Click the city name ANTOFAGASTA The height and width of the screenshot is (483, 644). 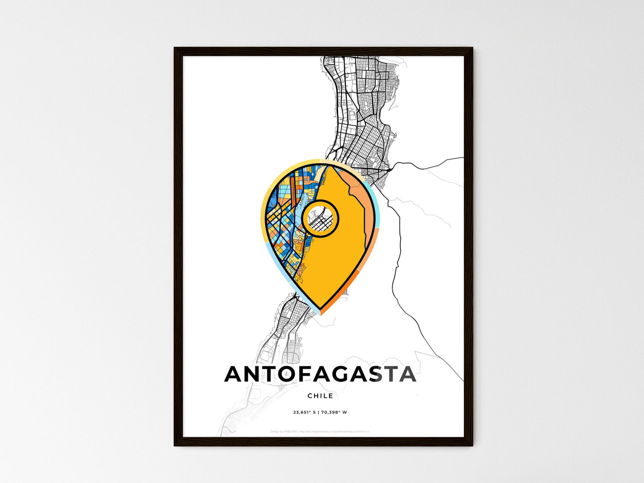(x=320, y=374)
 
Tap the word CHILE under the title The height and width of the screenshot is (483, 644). (x=320, y=396)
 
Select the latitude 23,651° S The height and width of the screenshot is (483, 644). (x=304, y=412)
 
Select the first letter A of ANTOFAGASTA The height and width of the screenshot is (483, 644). (x=234, y=374)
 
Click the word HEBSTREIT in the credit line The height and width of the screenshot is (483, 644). (x=291, y=431)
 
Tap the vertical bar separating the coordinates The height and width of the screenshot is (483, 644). (x=318, y=412)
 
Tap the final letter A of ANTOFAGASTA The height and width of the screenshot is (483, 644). (x=407, y=374)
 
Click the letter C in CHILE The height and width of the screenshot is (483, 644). (x=310, y=396)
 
